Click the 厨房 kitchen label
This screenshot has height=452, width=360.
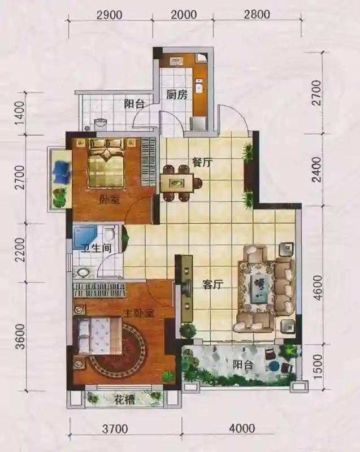point(176,94)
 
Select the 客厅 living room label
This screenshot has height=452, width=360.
point(212,285)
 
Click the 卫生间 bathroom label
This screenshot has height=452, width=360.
point(96,248)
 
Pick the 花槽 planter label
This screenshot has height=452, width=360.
point(124,399)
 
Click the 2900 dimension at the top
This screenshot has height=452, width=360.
point(109,15)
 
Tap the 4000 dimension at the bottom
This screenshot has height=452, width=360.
point(242,428)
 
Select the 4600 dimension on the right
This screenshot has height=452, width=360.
point(316,288)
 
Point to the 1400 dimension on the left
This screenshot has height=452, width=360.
point(20,114)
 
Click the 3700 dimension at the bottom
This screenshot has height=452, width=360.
point(115,429)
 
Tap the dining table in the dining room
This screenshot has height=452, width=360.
point(177,182)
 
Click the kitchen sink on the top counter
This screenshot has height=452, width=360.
point(176,60)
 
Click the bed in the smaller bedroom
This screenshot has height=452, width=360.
point(107,163)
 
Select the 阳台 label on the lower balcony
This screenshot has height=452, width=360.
point(243,365)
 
